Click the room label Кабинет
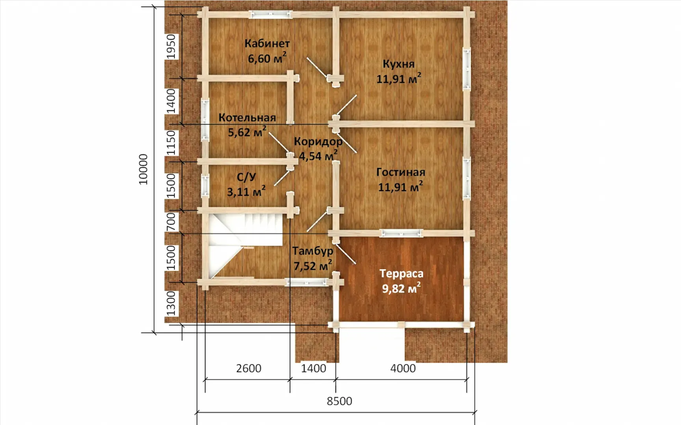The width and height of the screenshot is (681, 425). click(x=267, y=43)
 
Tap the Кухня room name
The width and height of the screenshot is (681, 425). click(x=398, y=64)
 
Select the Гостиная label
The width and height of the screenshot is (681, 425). click(x=400, y=172)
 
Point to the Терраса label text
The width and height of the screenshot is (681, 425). click(x=401, y=273)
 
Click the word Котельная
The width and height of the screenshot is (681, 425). click(x=247, y=117)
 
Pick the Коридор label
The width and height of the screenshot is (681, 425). click(x=318, y=141)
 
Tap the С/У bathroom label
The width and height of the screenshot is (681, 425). click(x=246, y=177)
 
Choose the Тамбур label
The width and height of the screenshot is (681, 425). click(x=313, y=251)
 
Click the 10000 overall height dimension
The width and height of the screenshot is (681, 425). click(x=143, y=169)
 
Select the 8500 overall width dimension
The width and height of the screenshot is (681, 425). click(x=339, y=401)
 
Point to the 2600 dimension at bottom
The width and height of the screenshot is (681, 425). click(x=249, y=368)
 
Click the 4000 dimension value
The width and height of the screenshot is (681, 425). click(x=403, y=368)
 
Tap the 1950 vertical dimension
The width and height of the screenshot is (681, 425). click(x=171, y=46)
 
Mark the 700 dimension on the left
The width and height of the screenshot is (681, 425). click(x=171, y=222)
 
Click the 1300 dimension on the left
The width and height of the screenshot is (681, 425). click(x=171, y=303)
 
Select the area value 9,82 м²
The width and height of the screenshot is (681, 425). click(x=401, y=288)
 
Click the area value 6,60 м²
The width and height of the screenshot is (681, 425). click(x=267, y=58)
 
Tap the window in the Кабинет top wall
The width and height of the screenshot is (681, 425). click(x=271, y=15)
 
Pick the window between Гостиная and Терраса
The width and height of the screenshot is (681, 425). click(x=401, y=234)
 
